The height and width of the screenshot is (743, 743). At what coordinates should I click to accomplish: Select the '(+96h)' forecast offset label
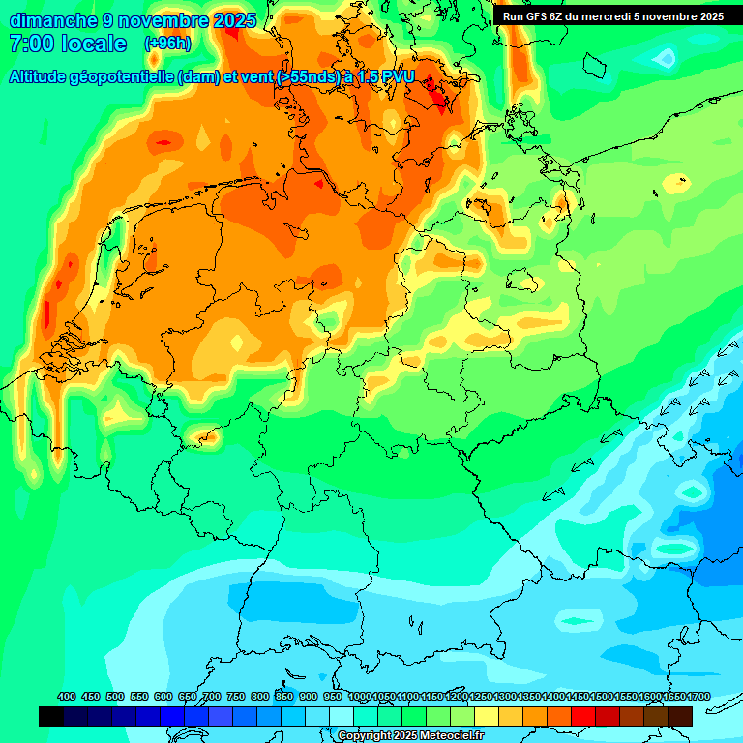tap(167, 44)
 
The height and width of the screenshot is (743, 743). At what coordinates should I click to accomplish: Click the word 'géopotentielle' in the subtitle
tap(124, 77)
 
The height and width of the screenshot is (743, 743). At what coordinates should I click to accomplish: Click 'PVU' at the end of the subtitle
tap(398, 77)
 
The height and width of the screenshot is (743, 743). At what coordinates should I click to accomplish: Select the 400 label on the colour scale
tap(67, 697)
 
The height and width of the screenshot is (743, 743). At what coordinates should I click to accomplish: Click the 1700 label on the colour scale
tap(698, 697)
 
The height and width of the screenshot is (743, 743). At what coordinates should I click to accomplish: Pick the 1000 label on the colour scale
tap(359, 697)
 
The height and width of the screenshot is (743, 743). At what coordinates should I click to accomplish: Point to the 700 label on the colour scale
tap(212, 697)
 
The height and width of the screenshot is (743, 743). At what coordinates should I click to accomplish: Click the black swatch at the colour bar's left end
tap(51, 716)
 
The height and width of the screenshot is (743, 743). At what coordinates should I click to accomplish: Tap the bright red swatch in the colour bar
tap(583, 716)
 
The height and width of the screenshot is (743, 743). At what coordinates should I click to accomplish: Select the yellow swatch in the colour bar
tap(487, 716)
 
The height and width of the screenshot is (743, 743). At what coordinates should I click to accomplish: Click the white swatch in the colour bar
tap(342, 716)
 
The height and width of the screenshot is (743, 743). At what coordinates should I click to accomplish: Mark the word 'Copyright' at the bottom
tap(366, 736)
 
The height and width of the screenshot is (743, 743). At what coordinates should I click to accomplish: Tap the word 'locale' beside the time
tap(95, 44)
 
